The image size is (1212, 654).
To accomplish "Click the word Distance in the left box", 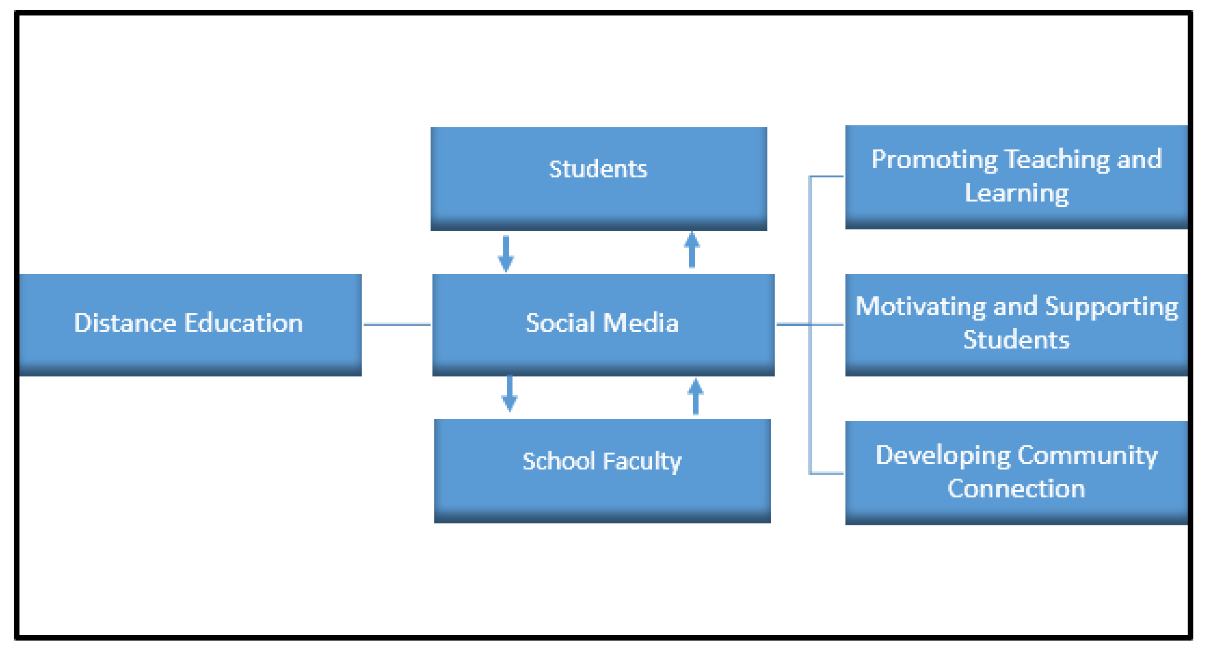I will (125, 323).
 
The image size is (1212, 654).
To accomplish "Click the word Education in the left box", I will (243, 323).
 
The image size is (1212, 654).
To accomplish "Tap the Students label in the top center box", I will (598, 169).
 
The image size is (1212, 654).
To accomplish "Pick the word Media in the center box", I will (640, 323).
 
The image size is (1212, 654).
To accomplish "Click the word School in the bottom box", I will (558, 461).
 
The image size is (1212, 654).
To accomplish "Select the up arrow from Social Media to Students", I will (692, 250).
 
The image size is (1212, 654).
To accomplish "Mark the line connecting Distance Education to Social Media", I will (397, 325).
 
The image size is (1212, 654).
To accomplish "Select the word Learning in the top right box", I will (1016, 193).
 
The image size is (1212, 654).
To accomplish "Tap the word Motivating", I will (920, 306).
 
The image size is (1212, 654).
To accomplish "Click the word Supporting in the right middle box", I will (1111, 307).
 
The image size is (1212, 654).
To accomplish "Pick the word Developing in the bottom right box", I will (942, 456).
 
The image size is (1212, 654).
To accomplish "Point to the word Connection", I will (1016, 489).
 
